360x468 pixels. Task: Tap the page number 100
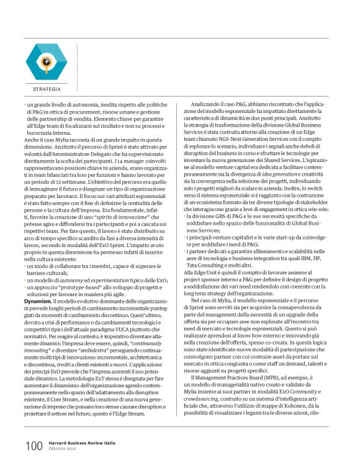(33, 445)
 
